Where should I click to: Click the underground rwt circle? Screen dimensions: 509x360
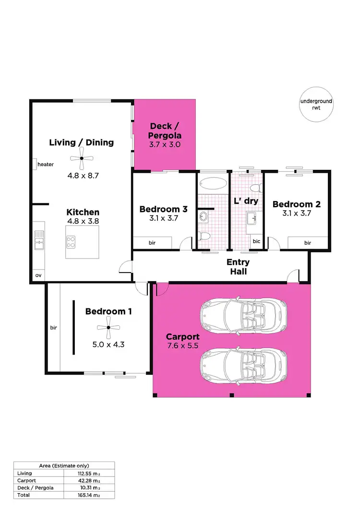click(x=316, y=105)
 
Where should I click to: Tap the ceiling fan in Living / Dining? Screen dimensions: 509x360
click(x=82, y=158)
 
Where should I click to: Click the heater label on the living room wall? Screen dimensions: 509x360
click(x=46, y=165)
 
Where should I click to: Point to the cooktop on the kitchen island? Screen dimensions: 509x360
click(x=71, y=242)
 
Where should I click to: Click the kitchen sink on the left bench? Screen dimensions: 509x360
click(x=38, y=240)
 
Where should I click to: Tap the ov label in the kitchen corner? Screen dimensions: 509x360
click(x=38, y=276)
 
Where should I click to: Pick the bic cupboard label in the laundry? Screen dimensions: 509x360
click(x=256, y=241)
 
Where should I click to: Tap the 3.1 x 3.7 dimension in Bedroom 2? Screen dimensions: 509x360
click(x=296, y=214)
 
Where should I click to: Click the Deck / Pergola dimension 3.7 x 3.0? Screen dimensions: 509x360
click(x=165, y=144)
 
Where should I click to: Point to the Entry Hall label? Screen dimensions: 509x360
click(x=238, y=267)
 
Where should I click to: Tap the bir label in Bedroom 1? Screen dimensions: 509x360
click(x=53, y=328)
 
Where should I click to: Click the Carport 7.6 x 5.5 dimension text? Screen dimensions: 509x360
click(x=183, y=346)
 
